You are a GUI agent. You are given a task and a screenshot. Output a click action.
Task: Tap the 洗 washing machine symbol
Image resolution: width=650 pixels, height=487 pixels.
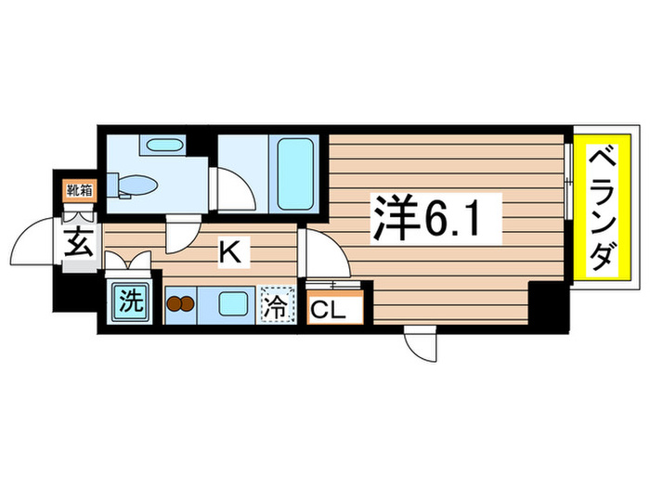click(127, 301)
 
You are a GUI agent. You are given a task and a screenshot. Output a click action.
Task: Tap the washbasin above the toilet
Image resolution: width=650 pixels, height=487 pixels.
click(163, 145)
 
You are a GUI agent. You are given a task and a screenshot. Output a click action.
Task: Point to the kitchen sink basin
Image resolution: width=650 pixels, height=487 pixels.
click(228, 303)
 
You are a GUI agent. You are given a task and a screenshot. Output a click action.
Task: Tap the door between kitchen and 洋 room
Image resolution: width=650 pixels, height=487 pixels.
click(325, 255)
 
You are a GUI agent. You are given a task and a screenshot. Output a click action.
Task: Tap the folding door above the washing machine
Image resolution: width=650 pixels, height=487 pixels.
click(129, 262)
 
